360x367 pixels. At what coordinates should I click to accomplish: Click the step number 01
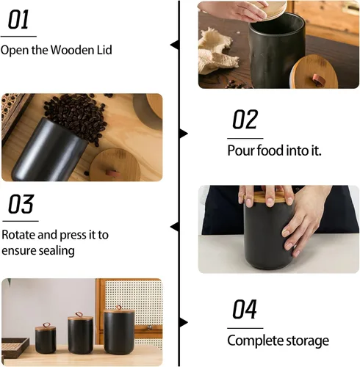point(19,20)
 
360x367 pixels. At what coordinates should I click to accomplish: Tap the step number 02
point(245,119)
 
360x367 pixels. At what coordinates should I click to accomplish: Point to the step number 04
point(245,310)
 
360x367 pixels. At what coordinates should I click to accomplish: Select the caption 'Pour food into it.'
point(274,150)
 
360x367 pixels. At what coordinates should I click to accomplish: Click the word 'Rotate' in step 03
point(19,235)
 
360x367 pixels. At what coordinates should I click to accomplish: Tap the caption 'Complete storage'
point(278,341)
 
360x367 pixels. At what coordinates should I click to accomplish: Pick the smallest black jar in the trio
point(45,337)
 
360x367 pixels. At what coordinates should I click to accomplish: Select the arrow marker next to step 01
point(175,45)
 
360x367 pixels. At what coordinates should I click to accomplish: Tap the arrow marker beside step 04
point(183,321)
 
